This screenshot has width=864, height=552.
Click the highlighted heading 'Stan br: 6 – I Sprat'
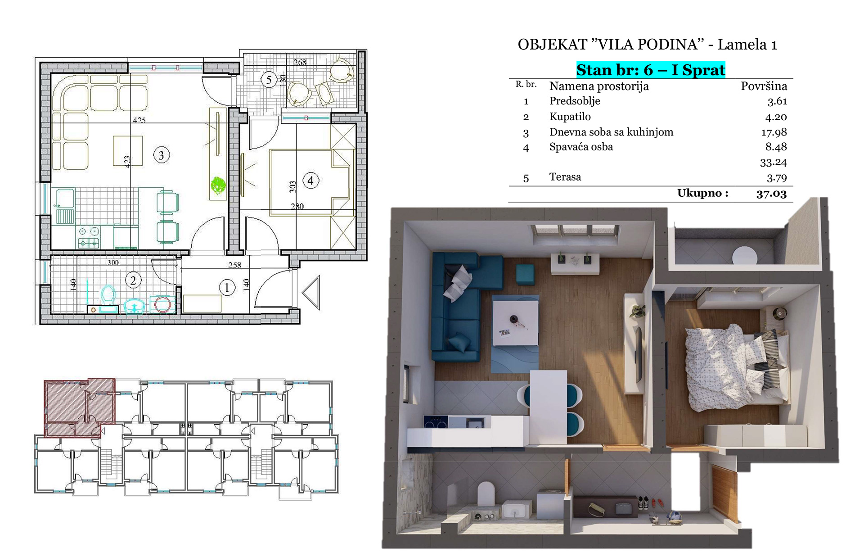pyautogui.click(x=651, y=70)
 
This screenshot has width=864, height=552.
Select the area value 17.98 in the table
pyautogui.click(x=774, y=132)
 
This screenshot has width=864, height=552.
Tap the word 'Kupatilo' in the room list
pyautogui.click(x=570, y=117)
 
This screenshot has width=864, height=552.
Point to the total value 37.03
pyautogui.click(x=771, y=194)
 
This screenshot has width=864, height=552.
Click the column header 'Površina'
pyautogui.click(x=764, y=86)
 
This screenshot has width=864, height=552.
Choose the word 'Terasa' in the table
pyautogui.click(x=565, y=177)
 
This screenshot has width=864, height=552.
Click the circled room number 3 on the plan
pyautogui.click(x=161, y=155)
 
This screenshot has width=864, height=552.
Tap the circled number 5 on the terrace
pyautogui.click(x=269, y=80)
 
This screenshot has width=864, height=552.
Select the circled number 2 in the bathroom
pyautogui.click(x=133, y=281)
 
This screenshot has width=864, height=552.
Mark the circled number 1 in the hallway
pyautogui.click(x=227, y=287)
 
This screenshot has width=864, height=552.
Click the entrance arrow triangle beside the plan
pyautogui.click(x=311, y=293)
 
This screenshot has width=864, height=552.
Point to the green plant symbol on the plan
pyautogui.click(x=218, y=185)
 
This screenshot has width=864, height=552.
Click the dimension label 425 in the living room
pyautogui.click(x=139, y=120)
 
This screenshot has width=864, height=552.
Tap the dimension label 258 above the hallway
pyautogui.click(x=234, y=265)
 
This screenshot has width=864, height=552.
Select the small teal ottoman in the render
pyautogui.click(x=525, y=274)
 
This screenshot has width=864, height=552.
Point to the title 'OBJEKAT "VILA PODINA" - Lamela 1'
pyautogui.click(x=647, y=45)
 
